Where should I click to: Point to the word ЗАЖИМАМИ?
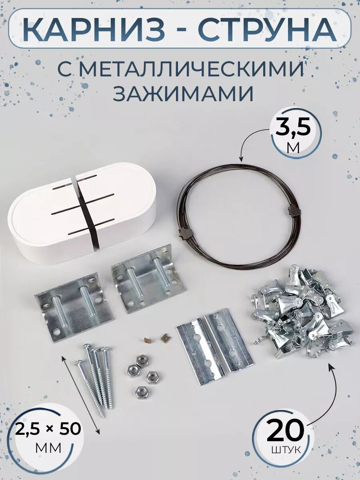pyautogui.click(x=184, y=94)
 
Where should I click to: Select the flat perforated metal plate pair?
pyautogui.click(x=215, y=346)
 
